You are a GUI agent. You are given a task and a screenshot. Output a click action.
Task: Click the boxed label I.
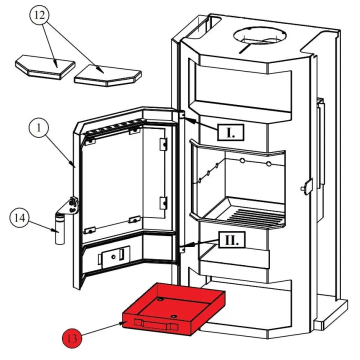tap(230, 132)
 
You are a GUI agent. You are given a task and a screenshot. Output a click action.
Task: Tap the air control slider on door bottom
tap(114, 256)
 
